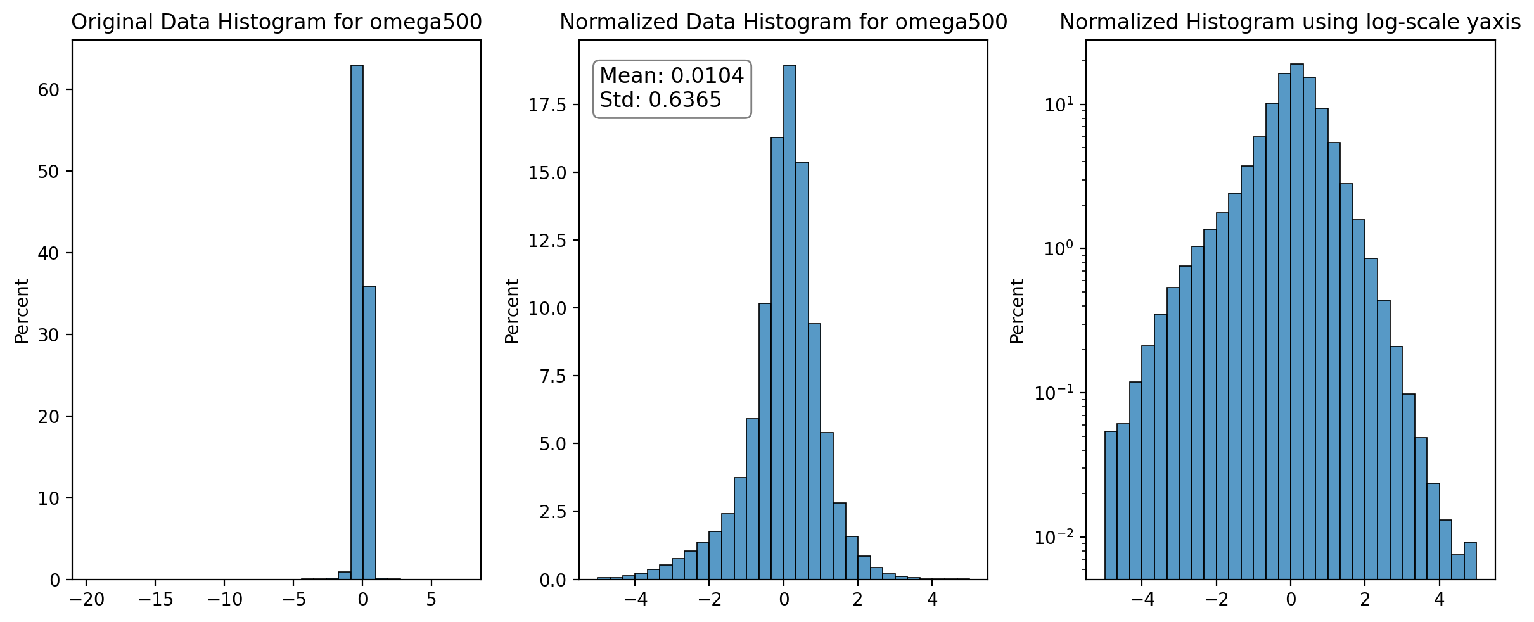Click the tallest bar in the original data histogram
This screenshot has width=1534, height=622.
(x=357, y=322)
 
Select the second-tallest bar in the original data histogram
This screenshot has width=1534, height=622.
(x=369, y=433)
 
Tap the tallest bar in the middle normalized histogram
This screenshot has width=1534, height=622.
(x=789, y=322)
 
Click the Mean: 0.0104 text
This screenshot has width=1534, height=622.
(x=672, y=76)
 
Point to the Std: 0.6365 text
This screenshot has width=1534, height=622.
(x=660, y=100)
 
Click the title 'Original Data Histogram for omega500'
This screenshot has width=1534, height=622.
(x=276, y=22)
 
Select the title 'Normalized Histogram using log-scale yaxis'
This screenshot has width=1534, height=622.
(x=1290, y=22)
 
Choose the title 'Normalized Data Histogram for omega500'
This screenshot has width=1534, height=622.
(x=783, y=22)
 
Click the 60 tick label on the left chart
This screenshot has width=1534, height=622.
(x=48, y=90)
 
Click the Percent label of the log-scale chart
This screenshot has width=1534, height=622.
(x=1017, y=311)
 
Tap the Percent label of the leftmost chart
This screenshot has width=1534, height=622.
(x=22, y=311)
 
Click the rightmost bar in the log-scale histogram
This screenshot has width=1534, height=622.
(x=1470, y=561)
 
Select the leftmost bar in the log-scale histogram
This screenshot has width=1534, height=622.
(x=1111, y=505)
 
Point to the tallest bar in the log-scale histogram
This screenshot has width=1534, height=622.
(x=1297, y=322)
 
